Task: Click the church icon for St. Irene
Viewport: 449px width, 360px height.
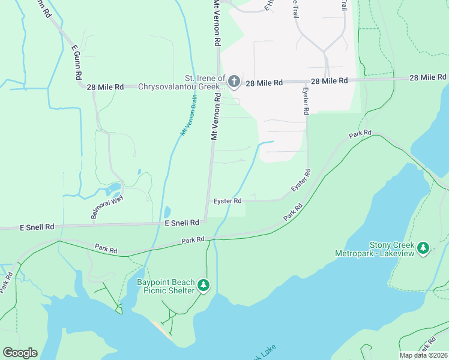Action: click(x=234, y=81)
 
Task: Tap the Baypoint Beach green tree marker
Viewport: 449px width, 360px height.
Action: click(x=203, y=284)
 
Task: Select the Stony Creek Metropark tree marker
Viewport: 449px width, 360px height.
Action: click(x=423, y=247)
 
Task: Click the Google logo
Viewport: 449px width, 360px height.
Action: click(x=20, y=353)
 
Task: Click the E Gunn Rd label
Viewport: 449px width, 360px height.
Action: click(x=77, y=62)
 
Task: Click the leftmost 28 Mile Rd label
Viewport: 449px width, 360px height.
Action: click(x=105, y=87)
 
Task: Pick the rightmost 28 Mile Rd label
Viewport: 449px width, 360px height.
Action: click(x=427, y=77)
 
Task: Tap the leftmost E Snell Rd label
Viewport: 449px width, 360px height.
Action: click(x=37, y=227)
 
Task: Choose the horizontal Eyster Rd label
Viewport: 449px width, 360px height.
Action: click(x=228, y=201)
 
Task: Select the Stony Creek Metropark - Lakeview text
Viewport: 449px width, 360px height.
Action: click(x=375, y=249)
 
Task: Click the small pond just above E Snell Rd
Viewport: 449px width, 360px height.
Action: click(x=166, y=212)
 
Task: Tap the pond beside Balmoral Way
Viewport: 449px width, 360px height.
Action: click(x=112, y=191)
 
